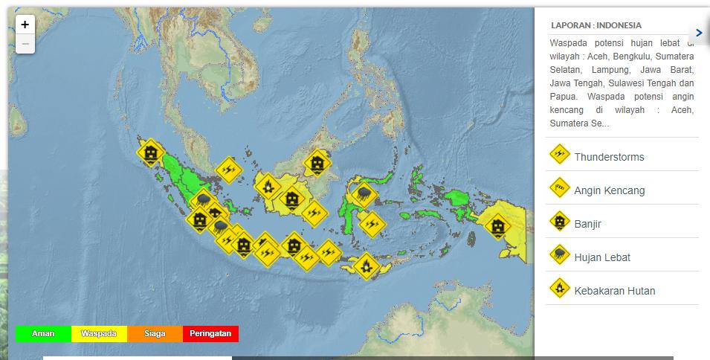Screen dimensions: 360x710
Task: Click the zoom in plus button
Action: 25,25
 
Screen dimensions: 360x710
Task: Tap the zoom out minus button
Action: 25,45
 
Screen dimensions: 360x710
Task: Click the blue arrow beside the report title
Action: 699,33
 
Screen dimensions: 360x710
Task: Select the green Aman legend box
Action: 43,334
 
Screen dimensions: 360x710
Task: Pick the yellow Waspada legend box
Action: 99,334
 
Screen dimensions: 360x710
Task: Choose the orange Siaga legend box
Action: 155,334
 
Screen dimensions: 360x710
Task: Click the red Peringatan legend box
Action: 210,334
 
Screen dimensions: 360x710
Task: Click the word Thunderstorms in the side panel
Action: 609,157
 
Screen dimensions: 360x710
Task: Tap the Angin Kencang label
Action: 609,190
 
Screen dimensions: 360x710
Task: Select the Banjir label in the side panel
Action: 587,224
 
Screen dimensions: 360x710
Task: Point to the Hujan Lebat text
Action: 602,257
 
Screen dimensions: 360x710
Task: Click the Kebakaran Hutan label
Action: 615,291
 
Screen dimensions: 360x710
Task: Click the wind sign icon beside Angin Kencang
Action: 559,188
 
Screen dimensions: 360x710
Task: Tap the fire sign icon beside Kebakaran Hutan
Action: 559,289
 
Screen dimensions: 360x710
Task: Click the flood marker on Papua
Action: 497,225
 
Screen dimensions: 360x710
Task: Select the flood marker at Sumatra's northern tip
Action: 151,153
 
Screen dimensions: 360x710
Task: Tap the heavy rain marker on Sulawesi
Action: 364,195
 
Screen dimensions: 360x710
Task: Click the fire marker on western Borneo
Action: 267,185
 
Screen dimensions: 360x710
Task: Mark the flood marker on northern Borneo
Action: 317,162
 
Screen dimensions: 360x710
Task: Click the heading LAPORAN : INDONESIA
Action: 596,25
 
